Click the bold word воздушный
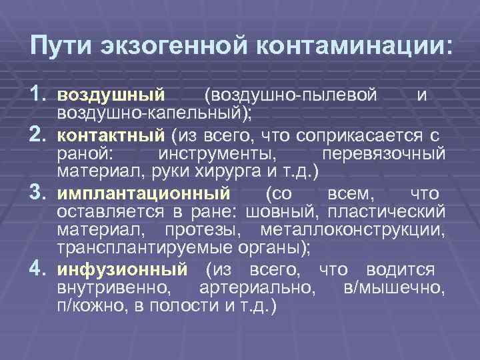click(110, 97)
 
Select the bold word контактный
click(110, 137)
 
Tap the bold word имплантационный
click(143, 195)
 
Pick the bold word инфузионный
click(122, 271)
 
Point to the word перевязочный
click(383, 155)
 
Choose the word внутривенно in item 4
click(113, 289)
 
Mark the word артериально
click(256, 289)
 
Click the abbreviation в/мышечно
click(393, 289)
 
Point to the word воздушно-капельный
click(152, 113)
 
